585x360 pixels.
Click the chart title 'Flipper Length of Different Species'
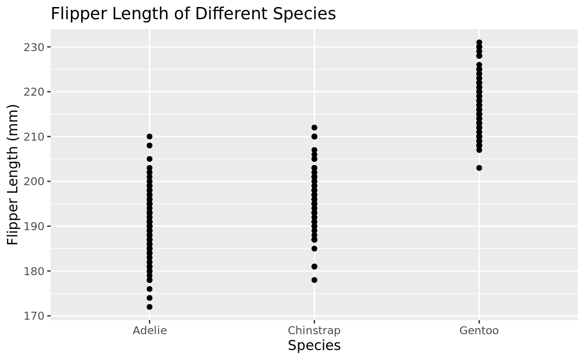point(193,14)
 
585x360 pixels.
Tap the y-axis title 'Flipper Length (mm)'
point(13,174)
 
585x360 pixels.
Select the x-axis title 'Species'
point(314,346)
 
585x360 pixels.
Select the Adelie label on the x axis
point(150,330)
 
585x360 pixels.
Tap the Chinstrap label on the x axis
point(314,330)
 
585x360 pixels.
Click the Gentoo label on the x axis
point(479,330)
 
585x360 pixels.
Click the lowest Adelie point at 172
point(150,307)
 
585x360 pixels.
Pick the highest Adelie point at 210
point(150,136)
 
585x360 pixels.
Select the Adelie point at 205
point(150,159)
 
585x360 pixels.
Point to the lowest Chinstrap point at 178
point(314,280)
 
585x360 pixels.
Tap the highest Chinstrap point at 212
point(314,127)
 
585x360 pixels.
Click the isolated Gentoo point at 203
point(479,168)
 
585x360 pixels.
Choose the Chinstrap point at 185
point(314,248)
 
